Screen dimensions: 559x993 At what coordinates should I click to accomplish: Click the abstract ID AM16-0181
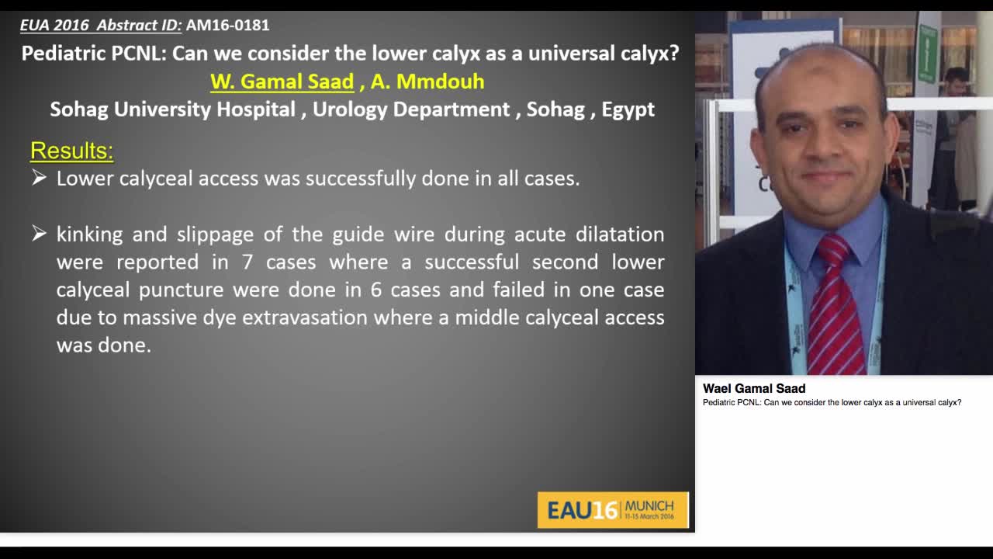click(227, 25)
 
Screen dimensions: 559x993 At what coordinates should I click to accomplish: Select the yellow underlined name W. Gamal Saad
click(282, 82)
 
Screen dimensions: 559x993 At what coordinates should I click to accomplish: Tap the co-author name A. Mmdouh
click(427, 82)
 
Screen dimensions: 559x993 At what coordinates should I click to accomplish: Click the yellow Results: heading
click(71, 151)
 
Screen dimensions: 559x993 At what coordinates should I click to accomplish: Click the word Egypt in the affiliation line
click(628, 109)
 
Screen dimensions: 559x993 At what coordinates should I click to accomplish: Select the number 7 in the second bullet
click(247, 262)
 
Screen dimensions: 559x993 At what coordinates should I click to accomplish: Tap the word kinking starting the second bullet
click(88, 234)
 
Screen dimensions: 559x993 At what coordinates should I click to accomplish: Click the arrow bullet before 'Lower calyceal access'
click(39, 179)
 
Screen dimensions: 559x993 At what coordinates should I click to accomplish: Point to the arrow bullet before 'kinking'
click(39, 234)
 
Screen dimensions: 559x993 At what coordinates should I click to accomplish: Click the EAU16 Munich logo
click(612, 509)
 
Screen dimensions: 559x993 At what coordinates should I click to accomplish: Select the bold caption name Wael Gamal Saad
click(754, 388)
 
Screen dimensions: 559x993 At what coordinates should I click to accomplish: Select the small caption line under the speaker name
click(832, 402)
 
